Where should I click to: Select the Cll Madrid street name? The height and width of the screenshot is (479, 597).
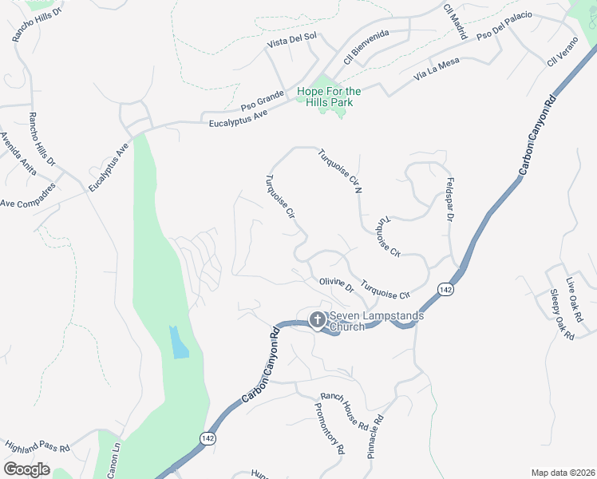click(x=454, y=16)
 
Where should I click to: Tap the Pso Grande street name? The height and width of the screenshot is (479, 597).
click(x=263, y=101)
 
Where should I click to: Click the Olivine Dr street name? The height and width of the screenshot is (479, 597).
click(x=336, y=285)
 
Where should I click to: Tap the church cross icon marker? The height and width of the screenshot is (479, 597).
click(x=317, y=320)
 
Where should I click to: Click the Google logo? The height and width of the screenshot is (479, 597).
click(x=26, y=469)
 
